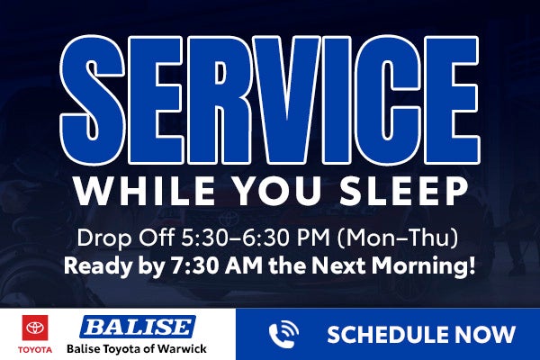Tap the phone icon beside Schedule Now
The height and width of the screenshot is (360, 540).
(x=284, y=335)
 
